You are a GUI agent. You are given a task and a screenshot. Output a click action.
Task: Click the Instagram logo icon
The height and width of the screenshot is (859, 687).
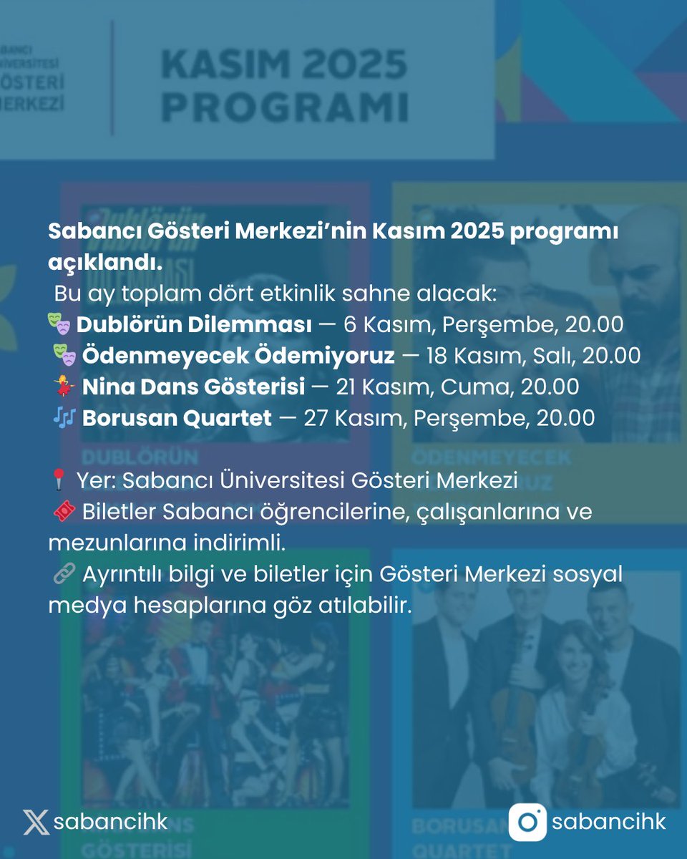(527, 822)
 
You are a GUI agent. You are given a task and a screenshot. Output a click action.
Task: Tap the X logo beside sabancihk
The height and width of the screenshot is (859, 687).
(36, 822)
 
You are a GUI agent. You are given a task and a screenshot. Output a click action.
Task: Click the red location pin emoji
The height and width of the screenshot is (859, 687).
(59, 481)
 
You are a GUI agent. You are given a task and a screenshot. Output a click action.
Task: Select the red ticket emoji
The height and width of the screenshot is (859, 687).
(64, 512)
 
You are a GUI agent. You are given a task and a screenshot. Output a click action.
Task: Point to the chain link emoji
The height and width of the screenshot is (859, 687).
(64, 574)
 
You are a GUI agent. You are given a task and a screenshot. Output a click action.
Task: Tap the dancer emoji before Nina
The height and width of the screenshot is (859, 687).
(64, 387)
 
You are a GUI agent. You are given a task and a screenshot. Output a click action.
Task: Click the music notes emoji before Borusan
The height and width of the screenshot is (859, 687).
(64, 417)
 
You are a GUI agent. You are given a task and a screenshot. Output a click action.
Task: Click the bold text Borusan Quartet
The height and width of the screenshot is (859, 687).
(177, 417)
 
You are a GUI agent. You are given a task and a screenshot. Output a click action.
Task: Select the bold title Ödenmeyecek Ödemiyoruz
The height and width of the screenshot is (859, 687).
(238, 356)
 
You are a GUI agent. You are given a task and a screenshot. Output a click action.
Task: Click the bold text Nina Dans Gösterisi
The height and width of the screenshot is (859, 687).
(194, 387)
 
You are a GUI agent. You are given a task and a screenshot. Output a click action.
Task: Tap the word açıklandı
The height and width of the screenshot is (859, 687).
(105, 263)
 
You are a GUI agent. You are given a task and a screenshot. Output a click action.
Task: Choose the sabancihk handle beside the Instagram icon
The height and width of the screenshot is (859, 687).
(608, 822)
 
